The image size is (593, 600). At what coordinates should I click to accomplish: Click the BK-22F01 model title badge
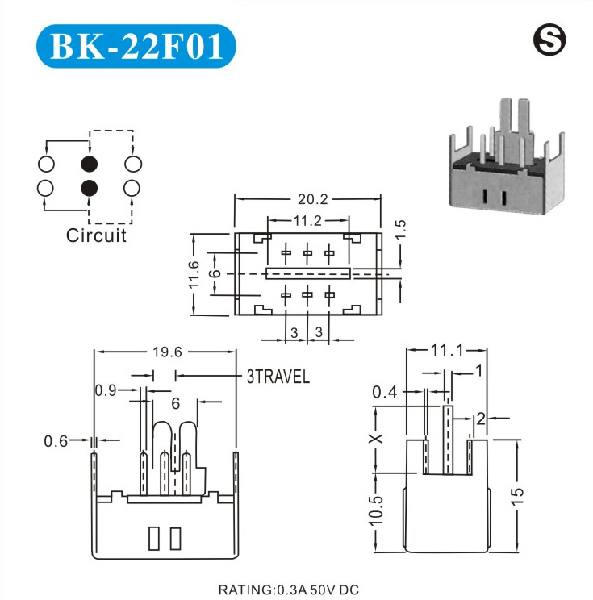point(136,47)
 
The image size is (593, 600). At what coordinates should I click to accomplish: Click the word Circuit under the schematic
point(96,236)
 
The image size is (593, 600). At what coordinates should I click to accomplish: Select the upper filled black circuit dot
point(89,164)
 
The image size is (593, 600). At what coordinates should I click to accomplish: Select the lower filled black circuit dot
point(89,189)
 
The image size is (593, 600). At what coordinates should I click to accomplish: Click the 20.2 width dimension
point(307,198)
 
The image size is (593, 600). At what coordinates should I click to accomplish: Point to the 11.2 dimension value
point(307,220)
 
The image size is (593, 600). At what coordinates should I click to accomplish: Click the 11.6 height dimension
point(194,275)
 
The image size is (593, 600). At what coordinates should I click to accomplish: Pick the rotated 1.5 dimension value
point(401,228)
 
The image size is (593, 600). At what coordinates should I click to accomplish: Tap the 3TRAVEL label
point(278,377)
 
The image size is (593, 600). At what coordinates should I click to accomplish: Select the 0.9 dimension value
point(106,391)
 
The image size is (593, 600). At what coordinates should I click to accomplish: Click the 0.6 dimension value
point(55,440)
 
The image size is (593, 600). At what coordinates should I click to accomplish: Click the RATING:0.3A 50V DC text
point(288,590)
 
